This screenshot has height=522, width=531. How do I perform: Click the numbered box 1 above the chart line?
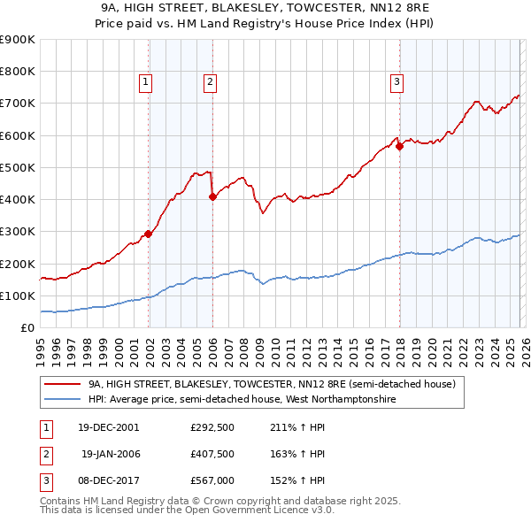pyautogui.click(x=145, y=82)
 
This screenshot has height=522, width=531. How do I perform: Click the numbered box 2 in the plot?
pyautogui.click(x=210, y=82)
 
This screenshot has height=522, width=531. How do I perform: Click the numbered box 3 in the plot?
pyautogui.click(x=396, y=82)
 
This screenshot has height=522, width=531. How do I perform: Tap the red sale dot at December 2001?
pyautogui.click(x=148, y=234)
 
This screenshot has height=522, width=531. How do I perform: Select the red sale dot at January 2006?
pyautogui.click(x=212, y=197)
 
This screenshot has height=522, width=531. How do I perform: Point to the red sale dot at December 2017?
pyautogui.click(x=399, y=146)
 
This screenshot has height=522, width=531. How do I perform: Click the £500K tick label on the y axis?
pyautogui.click(x=17, y=167)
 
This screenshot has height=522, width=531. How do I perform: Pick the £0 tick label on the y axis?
pyautogui.click(x=27, y=327)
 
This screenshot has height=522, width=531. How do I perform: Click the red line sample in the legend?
pyautogui.click(x=63, y=385)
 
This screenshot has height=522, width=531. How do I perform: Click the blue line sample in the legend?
pyautogui.click(x=63, y=400)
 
